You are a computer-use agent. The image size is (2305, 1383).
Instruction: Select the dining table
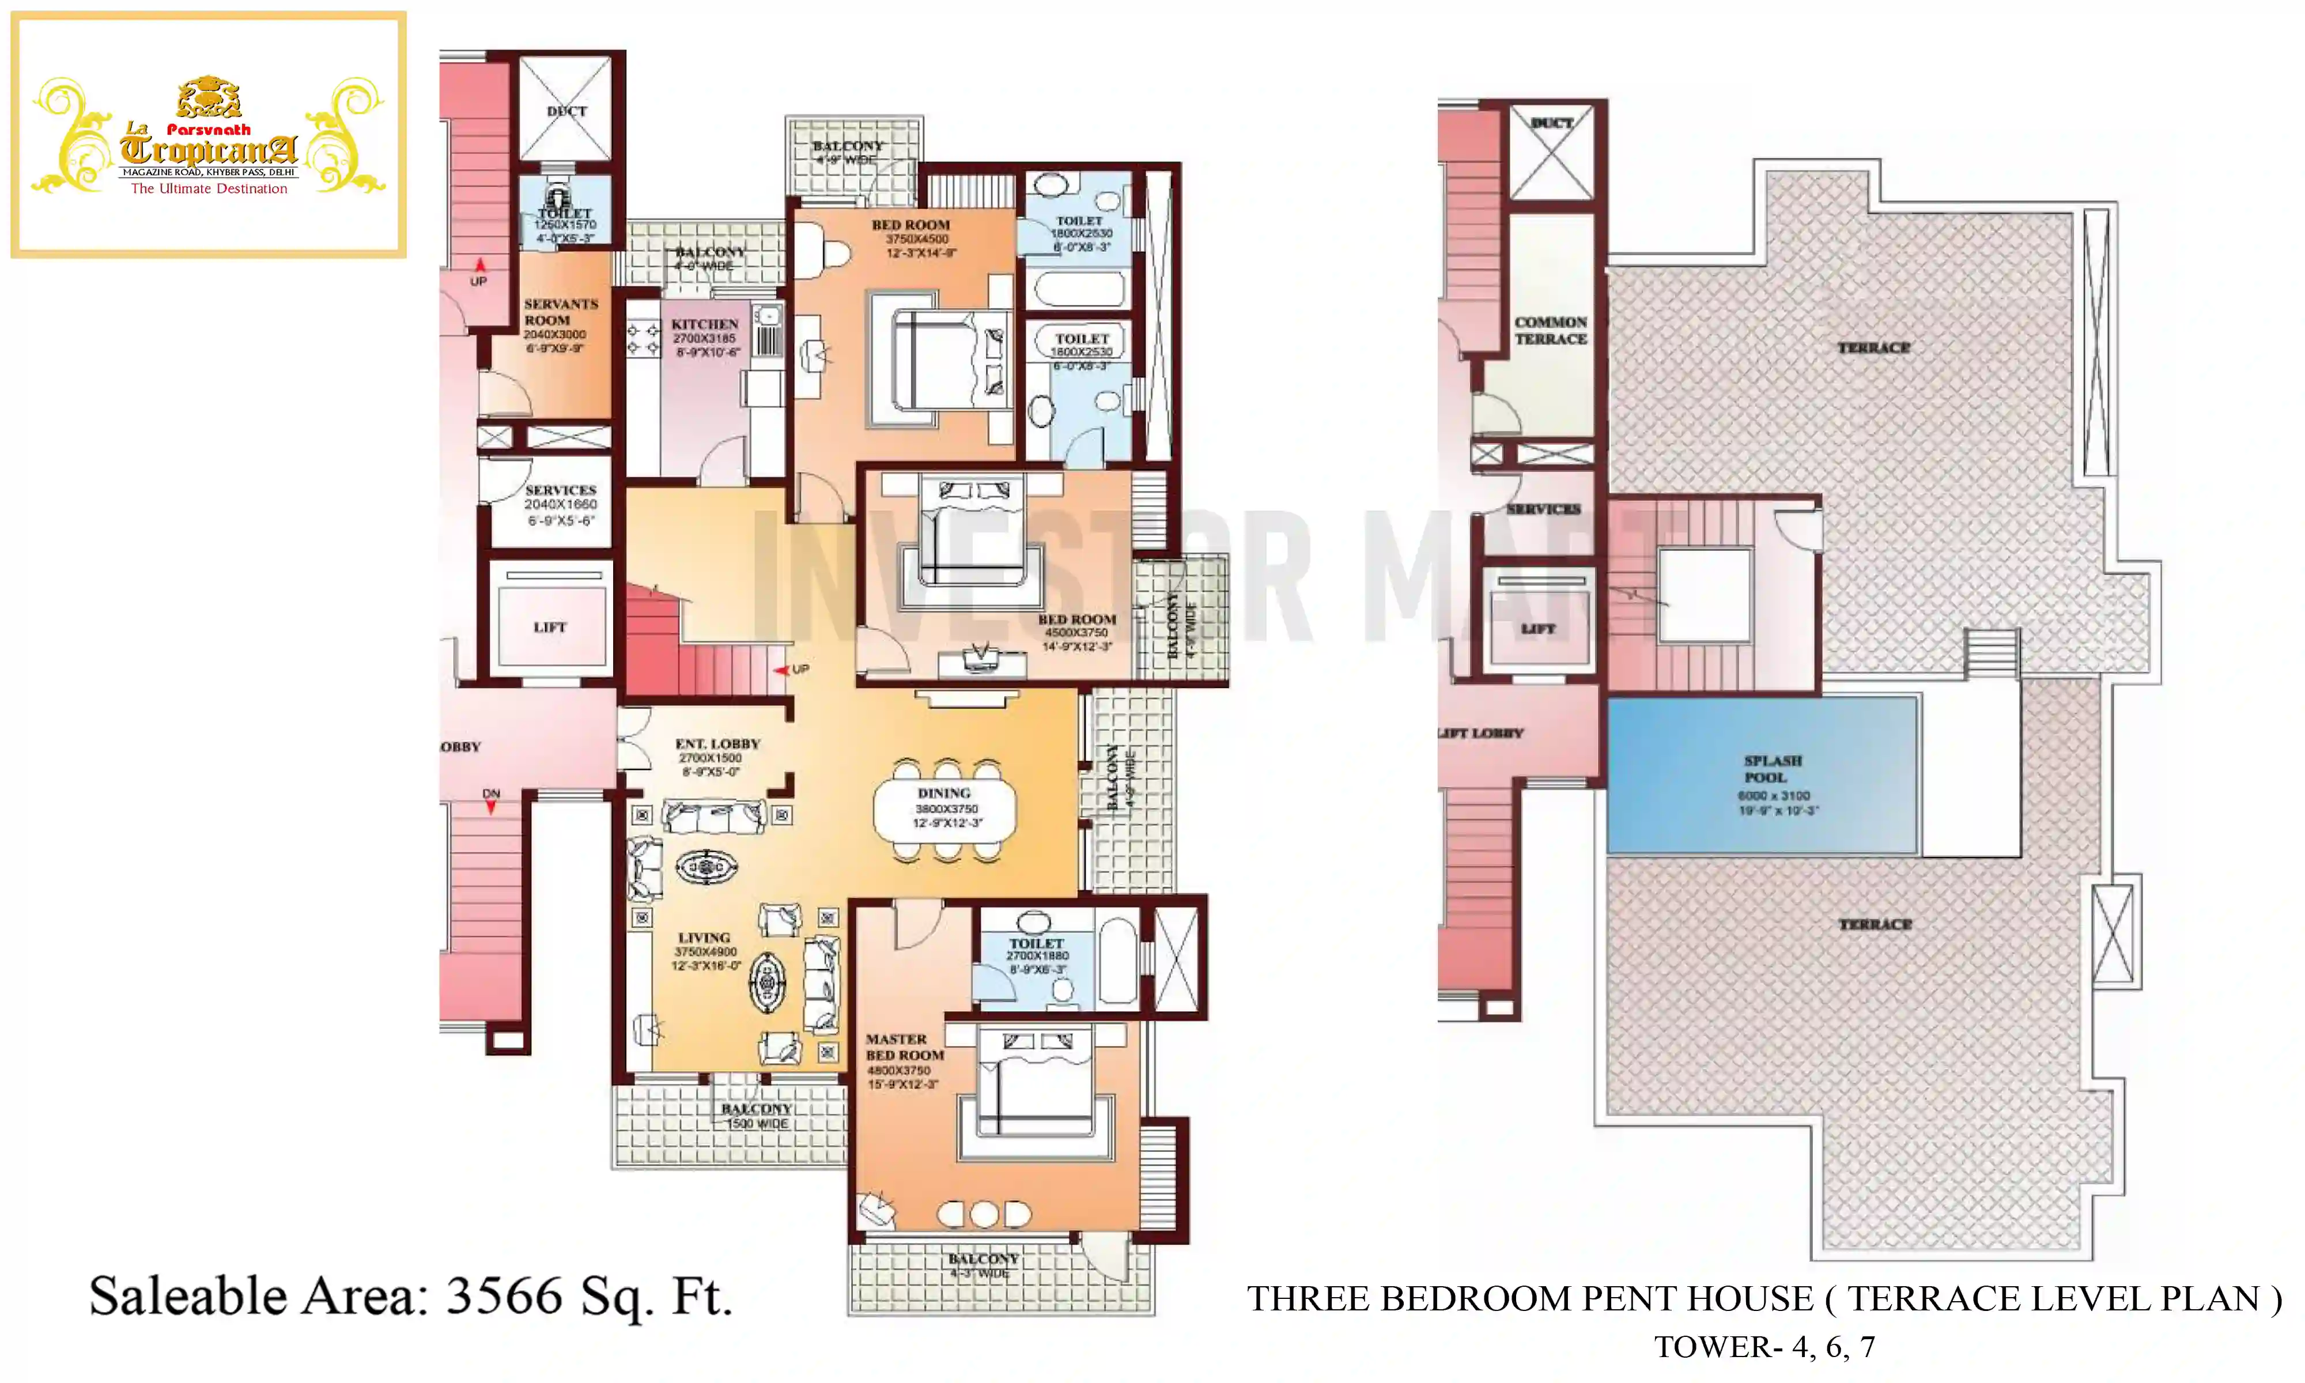[x=944, y=810]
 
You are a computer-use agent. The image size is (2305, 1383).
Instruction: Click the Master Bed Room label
[x=904, y=1046]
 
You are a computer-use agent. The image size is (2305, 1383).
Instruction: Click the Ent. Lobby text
[x=717, y=744]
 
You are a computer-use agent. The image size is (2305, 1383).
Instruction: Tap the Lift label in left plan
[x=550, y=627]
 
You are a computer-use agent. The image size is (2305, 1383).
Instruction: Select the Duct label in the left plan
[x=566, y=111]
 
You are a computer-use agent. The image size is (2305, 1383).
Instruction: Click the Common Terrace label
[x=1550, y=330]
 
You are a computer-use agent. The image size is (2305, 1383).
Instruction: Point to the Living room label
[x=704, y=938]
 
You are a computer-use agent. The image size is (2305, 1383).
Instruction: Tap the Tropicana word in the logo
[x=209, y=149]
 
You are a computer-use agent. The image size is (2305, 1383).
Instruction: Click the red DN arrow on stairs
[x=491, y=807]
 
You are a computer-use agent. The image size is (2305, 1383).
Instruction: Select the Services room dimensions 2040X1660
[x=560, y=504]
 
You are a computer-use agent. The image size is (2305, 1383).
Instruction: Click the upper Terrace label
[x=1873, y=347]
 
